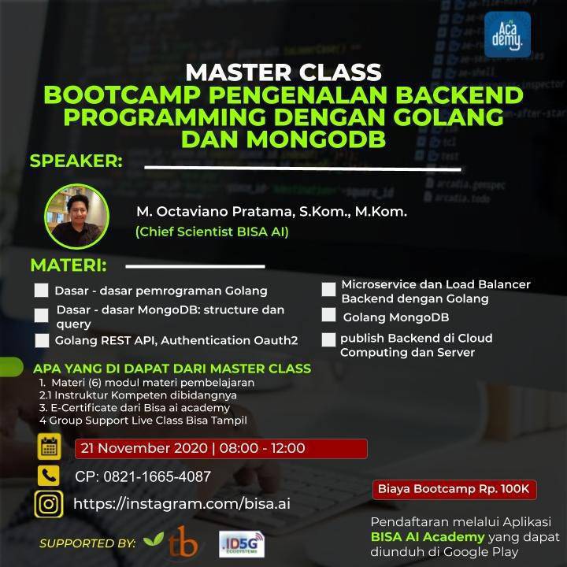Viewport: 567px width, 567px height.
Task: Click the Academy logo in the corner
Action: click(x=507, y=35)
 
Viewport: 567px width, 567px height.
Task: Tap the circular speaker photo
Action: click(x=76, y=217)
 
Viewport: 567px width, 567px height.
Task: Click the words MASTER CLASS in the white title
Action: click(x=283, y=72)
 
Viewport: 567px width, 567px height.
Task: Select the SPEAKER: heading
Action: click(x=76, y=161)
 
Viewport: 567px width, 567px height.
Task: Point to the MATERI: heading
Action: click(x=69, y=265)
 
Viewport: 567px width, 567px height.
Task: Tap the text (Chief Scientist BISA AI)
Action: click(x=212, y=232)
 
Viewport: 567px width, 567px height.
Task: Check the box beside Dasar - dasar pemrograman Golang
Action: click(x=41, y=290)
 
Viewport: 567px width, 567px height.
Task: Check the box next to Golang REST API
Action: click(x=42, y=340)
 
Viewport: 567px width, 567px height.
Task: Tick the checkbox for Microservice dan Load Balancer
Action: click(x=328, y=289)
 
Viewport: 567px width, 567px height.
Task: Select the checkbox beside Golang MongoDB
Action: click(x=328, y=314)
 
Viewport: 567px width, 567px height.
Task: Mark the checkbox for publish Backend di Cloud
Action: click(x=328, y=339)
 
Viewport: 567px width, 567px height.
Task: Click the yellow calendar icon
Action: click(x=49, y=447)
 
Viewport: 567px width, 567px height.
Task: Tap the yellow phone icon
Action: click(x=49, y=476)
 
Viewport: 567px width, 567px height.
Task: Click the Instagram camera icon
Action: click(x=49, y=504)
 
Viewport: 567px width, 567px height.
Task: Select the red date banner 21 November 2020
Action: click(x=221, y=448)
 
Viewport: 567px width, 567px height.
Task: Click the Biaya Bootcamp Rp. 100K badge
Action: click(x=454, y=490)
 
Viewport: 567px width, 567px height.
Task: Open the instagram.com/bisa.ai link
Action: click(x=182, y=504)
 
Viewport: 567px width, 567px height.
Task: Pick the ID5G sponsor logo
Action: click(x=242, y=544)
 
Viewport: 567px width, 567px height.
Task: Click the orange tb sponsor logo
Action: click(x=183, y=542)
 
